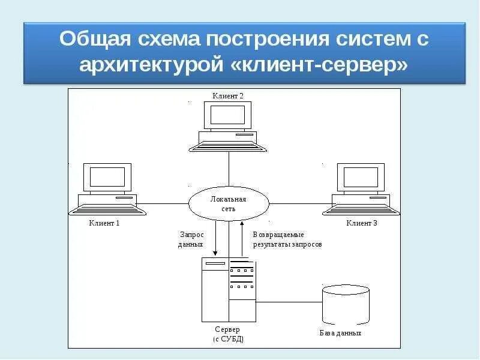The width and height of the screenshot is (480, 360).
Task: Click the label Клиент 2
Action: pyautogui.click(x=228, y=96)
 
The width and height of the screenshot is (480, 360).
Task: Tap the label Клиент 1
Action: pyautogui.click(x=105, y=223)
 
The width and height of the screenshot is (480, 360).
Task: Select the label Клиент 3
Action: pyautogui.click(x=362, y=223)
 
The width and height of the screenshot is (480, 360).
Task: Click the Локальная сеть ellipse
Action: pyautogui.click(x=228, y=203)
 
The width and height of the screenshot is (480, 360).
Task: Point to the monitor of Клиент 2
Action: pyautogui.click(x=228, y=115)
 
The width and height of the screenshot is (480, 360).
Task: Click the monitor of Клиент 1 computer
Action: pyautogui.click(x=107, y=178)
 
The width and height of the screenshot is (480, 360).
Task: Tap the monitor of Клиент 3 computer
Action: pyautogui.click(x=361, y=178)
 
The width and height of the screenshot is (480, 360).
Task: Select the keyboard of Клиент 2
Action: pyautogui.click(x=228, y=145)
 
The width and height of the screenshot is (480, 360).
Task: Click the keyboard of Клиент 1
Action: pyautogui.click(x=107, y=209)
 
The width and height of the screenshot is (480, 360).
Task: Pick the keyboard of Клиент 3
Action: pyautogui.click(x=361, y=209)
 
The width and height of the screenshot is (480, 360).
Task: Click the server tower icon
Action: pyautogui.click(x=229, y=290)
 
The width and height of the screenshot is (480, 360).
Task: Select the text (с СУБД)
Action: pyautogui.click(x=228, y=339)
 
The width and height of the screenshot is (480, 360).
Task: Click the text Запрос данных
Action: pyautogui.click(x=191, y=239)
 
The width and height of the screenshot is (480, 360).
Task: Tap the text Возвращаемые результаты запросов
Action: pyautogui.click(x=287, y=239)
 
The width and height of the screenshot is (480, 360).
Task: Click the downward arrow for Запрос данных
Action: pyautogui.click(x=215, y=240)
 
